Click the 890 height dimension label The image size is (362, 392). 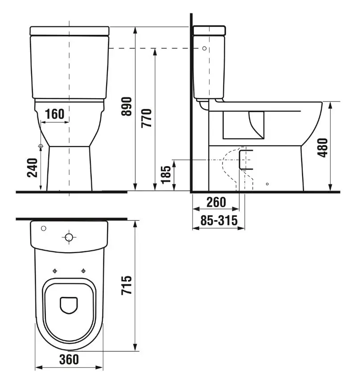click(x=127, y=107)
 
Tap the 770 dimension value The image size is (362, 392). click(x=147, y=118)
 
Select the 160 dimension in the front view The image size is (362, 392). click(x=55, y=114)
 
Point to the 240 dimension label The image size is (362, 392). click(x=32, y=168)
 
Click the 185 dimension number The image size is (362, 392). click(x=166, y=175)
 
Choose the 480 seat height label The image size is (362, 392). click(x=322, y=147)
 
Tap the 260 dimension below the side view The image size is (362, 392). click(x=216, y=202)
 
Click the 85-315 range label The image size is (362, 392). click(x=219, y=221)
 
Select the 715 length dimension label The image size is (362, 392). click(x=127, y=285)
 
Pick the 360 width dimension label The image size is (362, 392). click(x=69, y=359)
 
